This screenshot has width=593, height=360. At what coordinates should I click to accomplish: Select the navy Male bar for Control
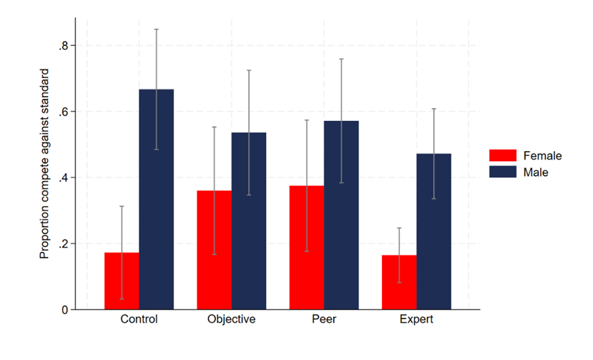click(x=156, y=200)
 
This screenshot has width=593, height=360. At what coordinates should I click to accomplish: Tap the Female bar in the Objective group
click(x=214, y=250)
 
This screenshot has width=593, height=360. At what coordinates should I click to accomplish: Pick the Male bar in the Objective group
click(x=248, y=221)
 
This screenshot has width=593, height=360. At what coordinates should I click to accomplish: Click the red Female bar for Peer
click(x=307, y=248)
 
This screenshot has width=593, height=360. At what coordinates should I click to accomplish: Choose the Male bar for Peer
click(x=341, y=215)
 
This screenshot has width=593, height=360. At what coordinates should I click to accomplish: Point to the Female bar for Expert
click(x=399, y=283)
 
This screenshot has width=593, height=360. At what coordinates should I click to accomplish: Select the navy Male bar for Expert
click(x=433, y=232)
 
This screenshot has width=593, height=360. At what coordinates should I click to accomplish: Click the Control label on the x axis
click(x=139, y=320)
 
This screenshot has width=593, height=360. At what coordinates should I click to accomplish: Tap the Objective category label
click(x=231, y=320)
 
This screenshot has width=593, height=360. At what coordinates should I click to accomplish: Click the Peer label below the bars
click(x=324, y=320)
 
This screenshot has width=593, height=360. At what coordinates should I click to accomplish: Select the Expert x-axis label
click(x=416, y=320)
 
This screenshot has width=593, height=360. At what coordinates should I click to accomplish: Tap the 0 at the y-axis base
click(x=64, y=310)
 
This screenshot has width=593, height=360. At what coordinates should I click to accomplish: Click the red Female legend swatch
click(x=503, y=156)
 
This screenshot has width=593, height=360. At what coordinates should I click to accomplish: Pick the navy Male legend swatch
click(x=503, y=172)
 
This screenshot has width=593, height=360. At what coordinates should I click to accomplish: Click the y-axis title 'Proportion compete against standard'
click(x=44, y=164)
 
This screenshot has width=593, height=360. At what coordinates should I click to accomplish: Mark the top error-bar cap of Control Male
click(x=156, y=29)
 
